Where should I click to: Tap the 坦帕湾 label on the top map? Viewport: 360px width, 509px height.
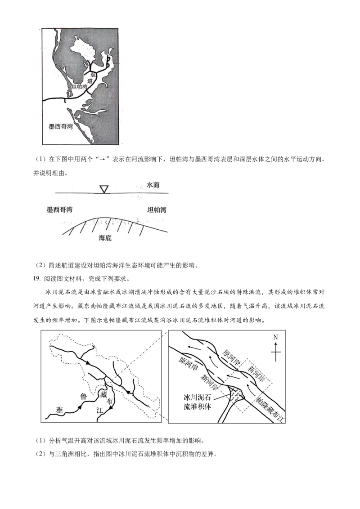(80, 87)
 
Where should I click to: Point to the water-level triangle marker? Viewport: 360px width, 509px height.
(104, 189)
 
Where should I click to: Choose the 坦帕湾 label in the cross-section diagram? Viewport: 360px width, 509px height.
(157, 210)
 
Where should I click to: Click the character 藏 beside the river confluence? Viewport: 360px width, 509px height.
(103, 394)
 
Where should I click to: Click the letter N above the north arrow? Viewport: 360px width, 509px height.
(276, 337)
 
